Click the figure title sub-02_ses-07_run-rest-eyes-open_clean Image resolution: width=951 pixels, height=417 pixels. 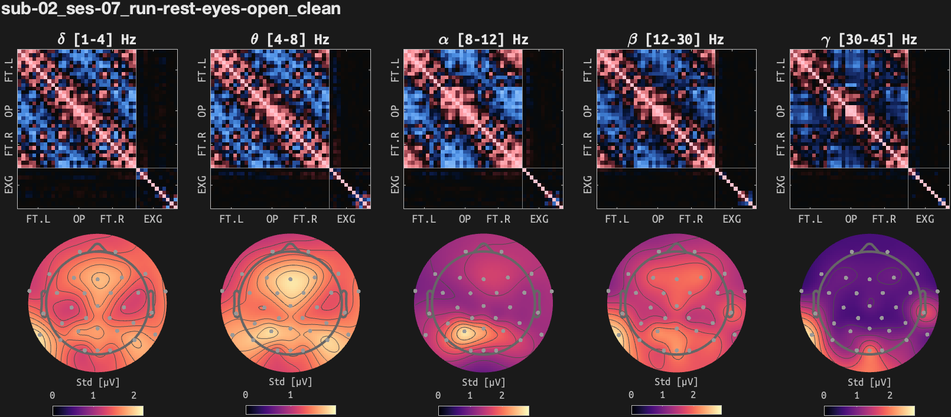pos(171,9)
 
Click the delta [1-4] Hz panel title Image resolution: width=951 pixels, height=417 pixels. pos(97,40)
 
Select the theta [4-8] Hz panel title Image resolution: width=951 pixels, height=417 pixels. pos(289,40)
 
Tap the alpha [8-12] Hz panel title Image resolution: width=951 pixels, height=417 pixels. pos(483,40)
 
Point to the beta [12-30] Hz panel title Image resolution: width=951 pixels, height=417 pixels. pos(676,40)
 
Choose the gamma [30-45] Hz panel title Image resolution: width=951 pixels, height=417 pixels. pos(869,40)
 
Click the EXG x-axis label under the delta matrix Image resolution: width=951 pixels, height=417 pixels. pos(153,219)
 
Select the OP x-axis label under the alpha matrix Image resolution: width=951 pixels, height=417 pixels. pos(465,219)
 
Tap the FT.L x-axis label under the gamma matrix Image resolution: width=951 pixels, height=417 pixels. pos(810,219)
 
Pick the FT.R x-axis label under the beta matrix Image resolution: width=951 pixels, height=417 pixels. pos(691,219)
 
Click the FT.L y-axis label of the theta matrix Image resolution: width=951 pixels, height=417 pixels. pos(202,70)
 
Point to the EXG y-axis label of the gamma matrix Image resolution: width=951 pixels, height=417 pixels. pos(781,184)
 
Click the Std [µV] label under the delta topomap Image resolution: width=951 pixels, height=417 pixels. pos(98,382)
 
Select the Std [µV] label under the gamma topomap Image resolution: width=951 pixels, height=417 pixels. pos(869,382)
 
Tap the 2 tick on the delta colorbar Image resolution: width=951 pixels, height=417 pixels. pos(133,395)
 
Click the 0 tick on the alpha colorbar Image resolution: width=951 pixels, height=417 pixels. pos(438,395)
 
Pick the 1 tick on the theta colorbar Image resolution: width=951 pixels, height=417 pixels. pos(290,395)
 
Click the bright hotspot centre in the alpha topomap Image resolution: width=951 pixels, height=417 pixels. pos(464,333)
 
